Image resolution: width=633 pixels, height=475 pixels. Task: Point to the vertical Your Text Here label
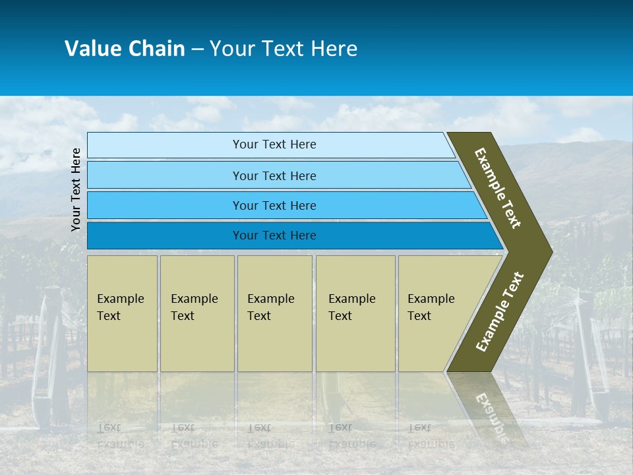click(x=76, y=189)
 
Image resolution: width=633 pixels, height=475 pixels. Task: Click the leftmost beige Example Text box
click(x=122, y=313)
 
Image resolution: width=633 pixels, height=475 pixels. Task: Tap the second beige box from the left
click(x=197, y=313)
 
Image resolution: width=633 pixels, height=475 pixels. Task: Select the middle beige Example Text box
click(x=274, y=313)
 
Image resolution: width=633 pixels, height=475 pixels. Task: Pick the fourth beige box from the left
click(x=355, y=313)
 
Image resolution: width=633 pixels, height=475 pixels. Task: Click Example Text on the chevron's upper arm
click(x=498, y=188)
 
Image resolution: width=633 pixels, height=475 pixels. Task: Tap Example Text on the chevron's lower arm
click(x=499, y=312)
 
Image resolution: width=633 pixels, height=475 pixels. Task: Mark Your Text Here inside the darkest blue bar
click(x=274, y=236)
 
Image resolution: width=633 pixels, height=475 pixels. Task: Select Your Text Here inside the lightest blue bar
click(x=274, y=144)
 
